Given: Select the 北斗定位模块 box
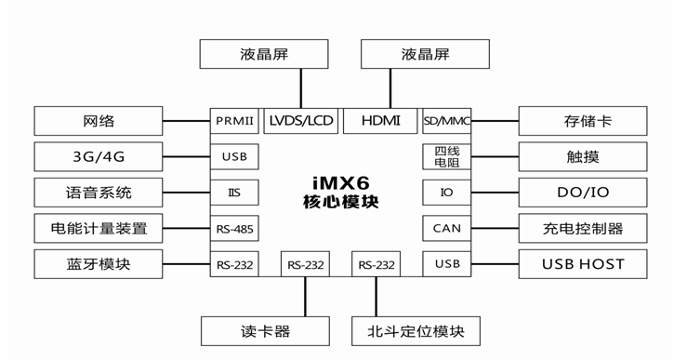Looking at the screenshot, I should click(x=415, y=330).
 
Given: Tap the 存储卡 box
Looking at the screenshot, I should click(x=583, y=121).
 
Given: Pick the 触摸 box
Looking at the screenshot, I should click(x=583, y=157).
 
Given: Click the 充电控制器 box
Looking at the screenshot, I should click(x=583, y=228).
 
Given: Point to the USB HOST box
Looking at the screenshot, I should click(x=583, y=264).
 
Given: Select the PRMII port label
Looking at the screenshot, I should click(x=234, y=121).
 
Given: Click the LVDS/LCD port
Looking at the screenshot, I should click(x=300, y=121).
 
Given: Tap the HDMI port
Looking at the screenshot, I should click(x=381, y=121).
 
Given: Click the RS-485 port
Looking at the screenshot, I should click(x=234, y=228).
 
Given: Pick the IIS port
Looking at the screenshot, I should click(x=234, y=193).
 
